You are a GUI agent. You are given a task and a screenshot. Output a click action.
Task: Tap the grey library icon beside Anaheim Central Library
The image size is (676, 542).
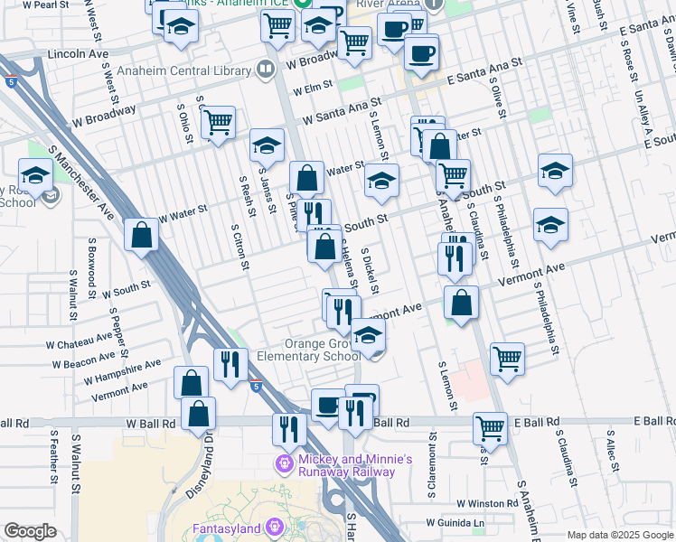point(265,68)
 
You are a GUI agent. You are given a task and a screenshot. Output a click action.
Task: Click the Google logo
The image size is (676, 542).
point(30,531)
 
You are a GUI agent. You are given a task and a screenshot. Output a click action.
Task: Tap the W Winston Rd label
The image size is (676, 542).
point(485,503)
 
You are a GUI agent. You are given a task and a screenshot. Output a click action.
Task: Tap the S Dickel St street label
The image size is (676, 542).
point(370,268)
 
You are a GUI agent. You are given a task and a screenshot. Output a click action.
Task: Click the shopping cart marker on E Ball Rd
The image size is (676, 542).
point(490,426)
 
